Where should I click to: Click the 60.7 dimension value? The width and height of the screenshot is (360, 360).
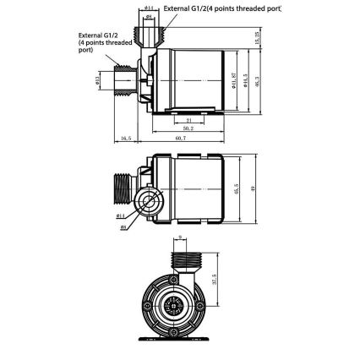180,138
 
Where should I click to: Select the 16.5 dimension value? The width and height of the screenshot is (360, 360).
126,138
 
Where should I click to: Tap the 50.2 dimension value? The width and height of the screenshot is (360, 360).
187,128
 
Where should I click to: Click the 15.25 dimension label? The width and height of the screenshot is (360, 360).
257,38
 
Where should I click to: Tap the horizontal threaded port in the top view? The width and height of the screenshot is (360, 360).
124,81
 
